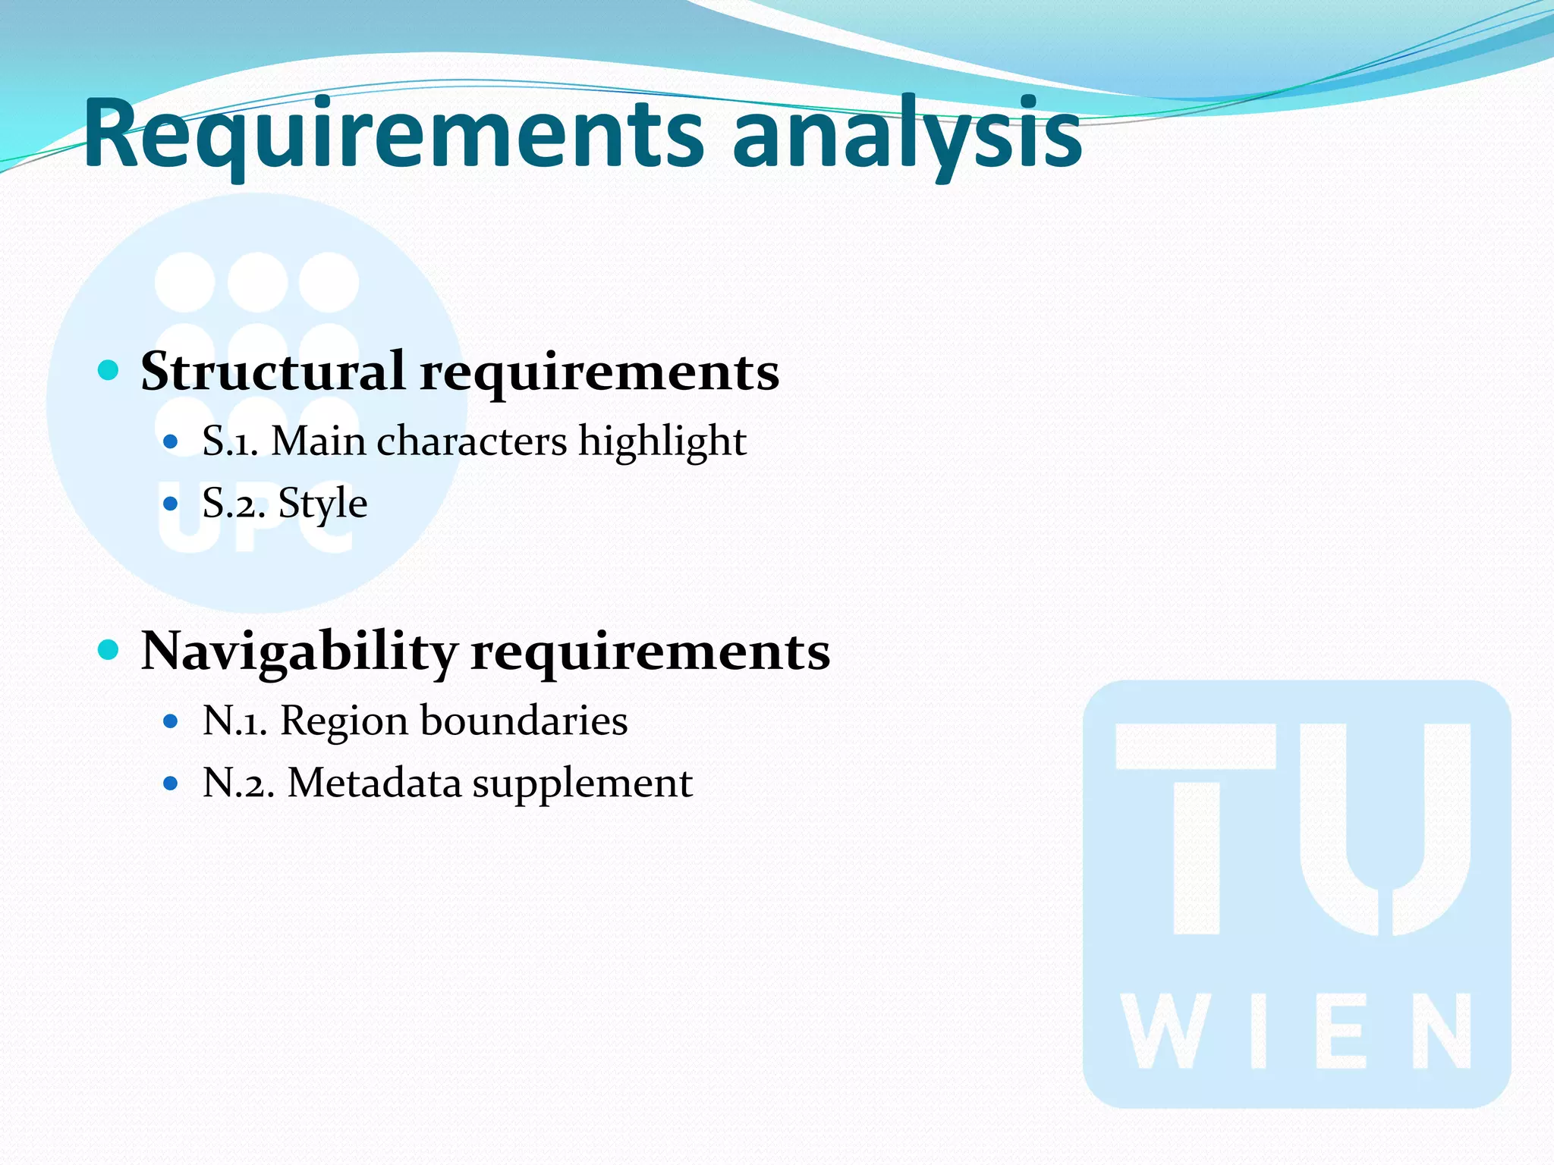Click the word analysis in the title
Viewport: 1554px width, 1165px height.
pyautogui.click(x=907, y=135)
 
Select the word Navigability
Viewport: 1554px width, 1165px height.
pyautogui.click(x=300, y=652)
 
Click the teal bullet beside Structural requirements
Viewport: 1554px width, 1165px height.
pyautogui.click(x=109, y=370)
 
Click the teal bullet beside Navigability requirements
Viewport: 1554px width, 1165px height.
pyautogui.click(x=109, y=650)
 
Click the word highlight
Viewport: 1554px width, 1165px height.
pyautogui.click(x=662, y=441)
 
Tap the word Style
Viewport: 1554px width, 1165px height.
pyautogui.click(x=322, y=504)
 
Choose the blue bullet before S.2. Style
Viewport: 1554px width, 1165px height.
pyautogui.click(x=171, y=503)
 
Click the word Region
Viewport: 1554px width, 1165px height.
pyautogui.click(x=344, y=721)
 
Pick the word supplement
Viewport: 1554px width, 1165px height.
pyautogui.click(x=582, y=784)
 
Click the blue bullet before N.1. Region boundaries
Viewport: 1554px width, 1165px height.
pyautogui.click(x=171, y=721)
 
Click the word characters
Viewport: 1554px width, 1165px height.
pyautogui.click(x=471, y=441)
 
